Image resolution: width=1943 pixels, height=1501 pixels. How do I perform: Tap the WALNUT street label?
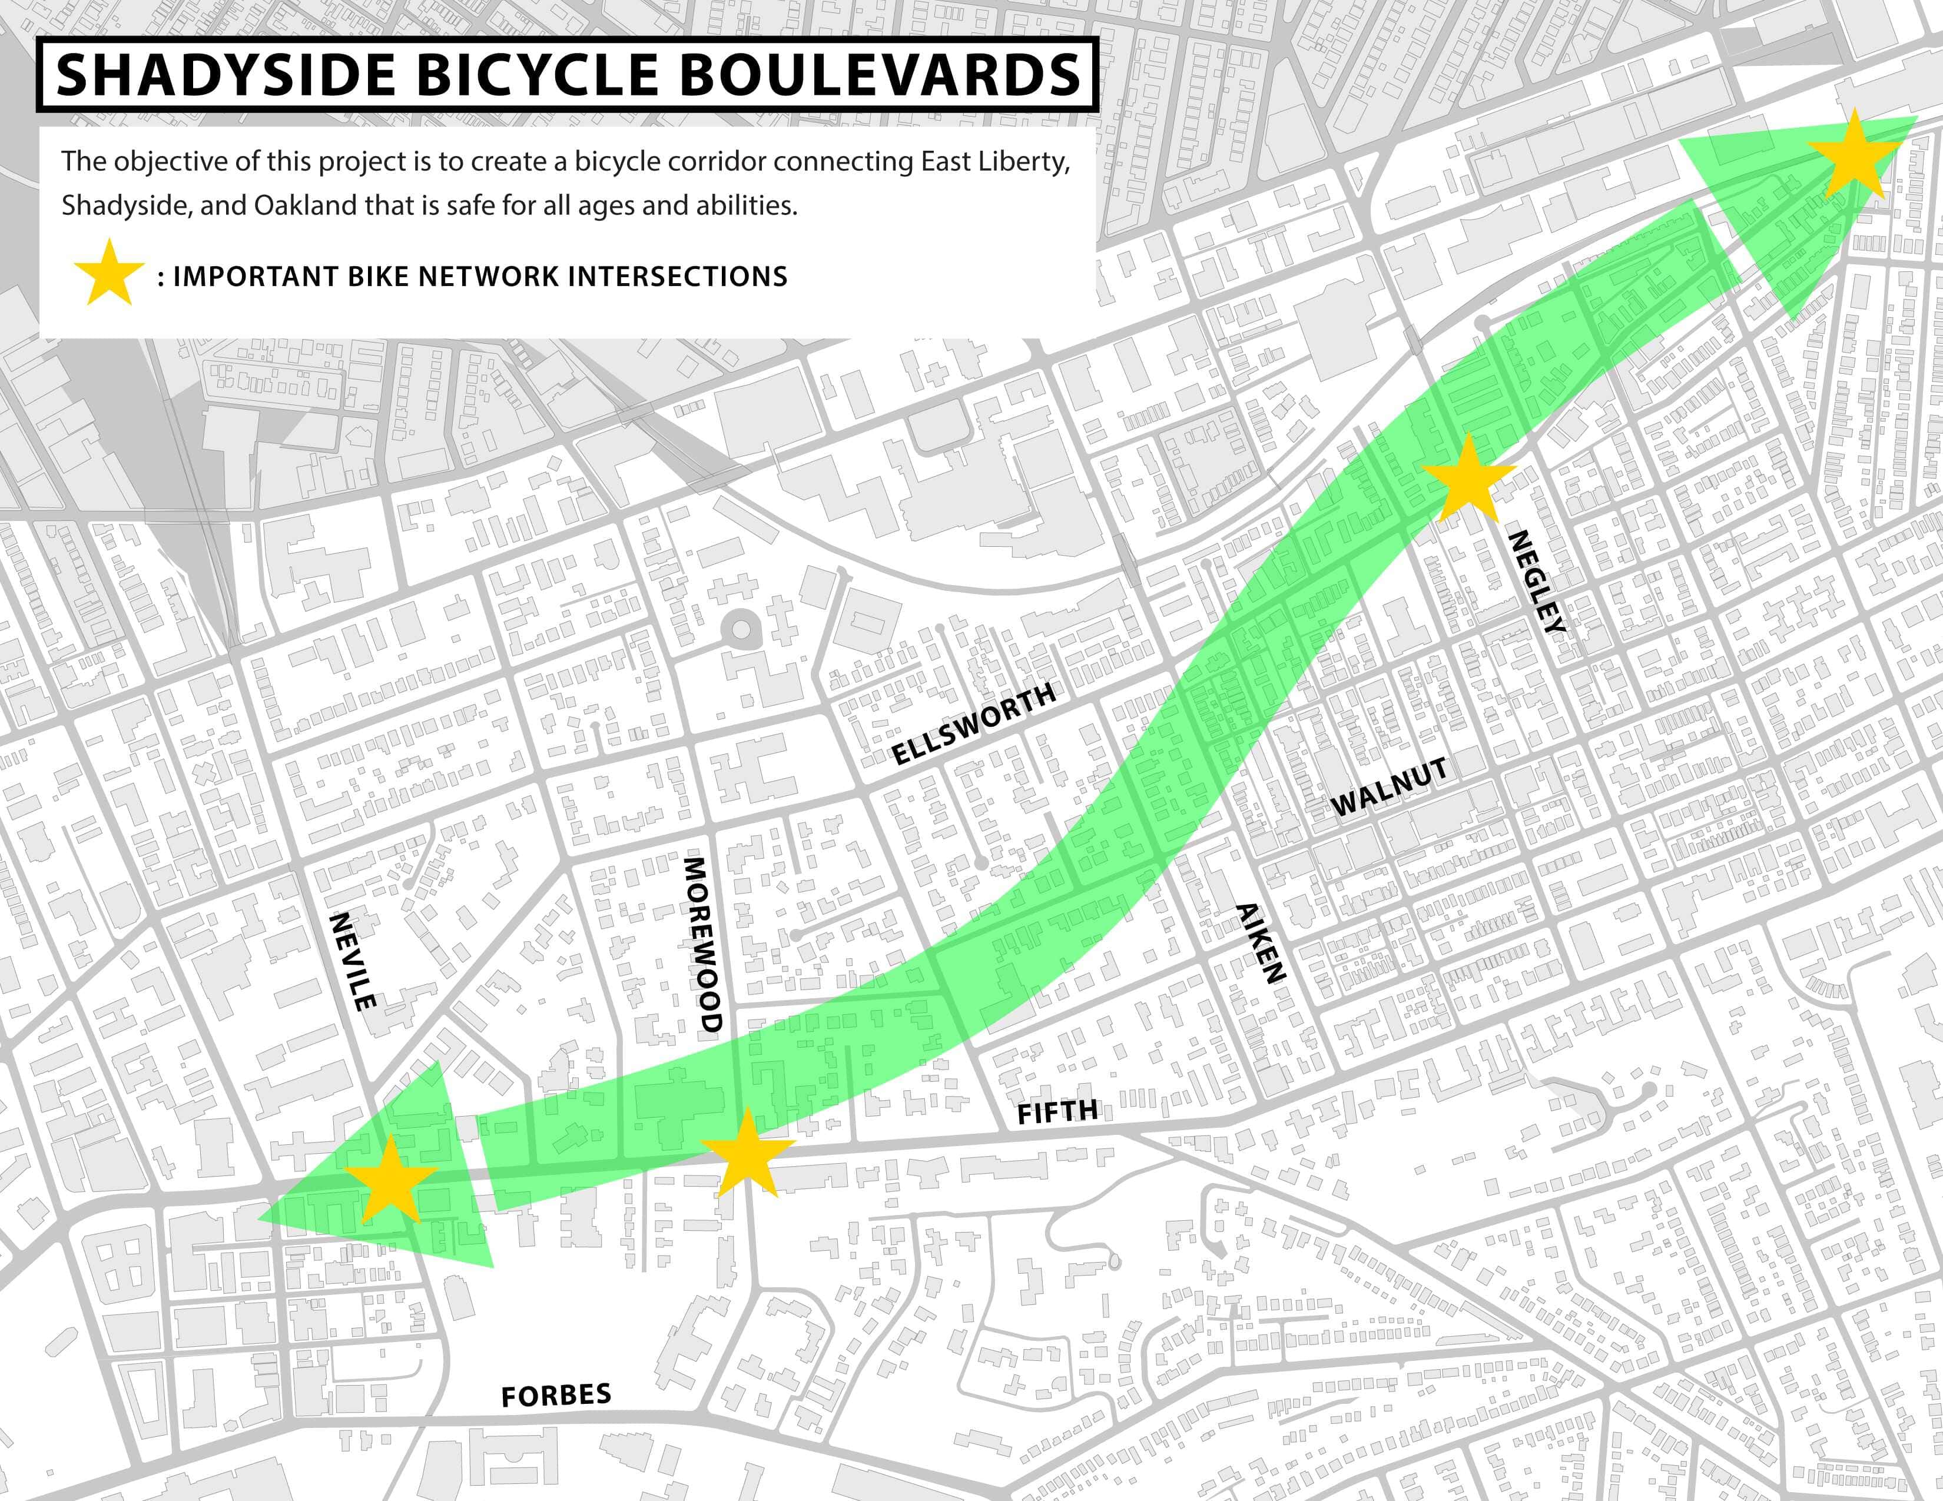(1389, 787)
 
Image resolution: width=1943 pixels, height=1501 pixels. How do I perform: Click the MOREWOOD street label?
(702, 944)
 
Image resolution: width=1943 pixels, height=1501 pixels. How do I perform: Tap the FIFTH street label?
(1057, 1111)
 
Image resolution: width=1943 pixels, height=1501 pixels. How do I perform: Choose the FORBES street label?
(556, 1395)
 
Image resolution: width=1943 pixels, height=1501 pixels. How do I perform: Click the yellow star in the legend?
(108, 273)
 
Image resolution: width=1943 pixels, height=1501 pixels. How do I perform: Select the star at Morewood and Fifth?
(745, 1154)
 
